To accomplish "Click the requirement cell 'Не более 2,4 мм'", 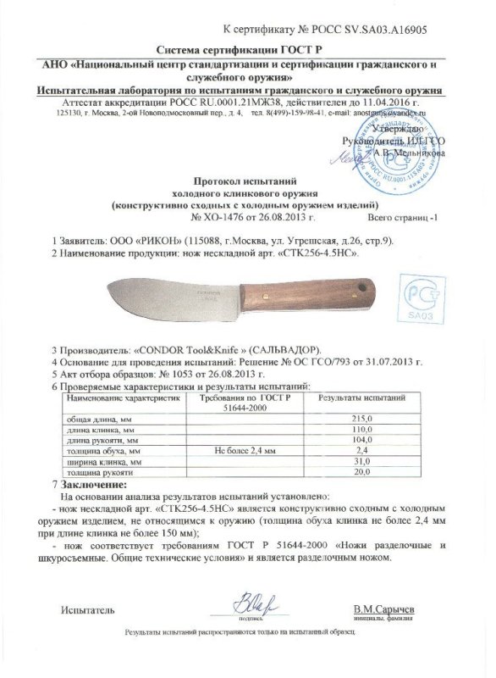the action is [x=246, y=451].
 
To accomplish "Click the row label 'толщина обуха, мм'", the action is [x=100, y=451].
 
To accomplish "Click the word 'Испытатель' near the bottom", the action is [x=86, y=610].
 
